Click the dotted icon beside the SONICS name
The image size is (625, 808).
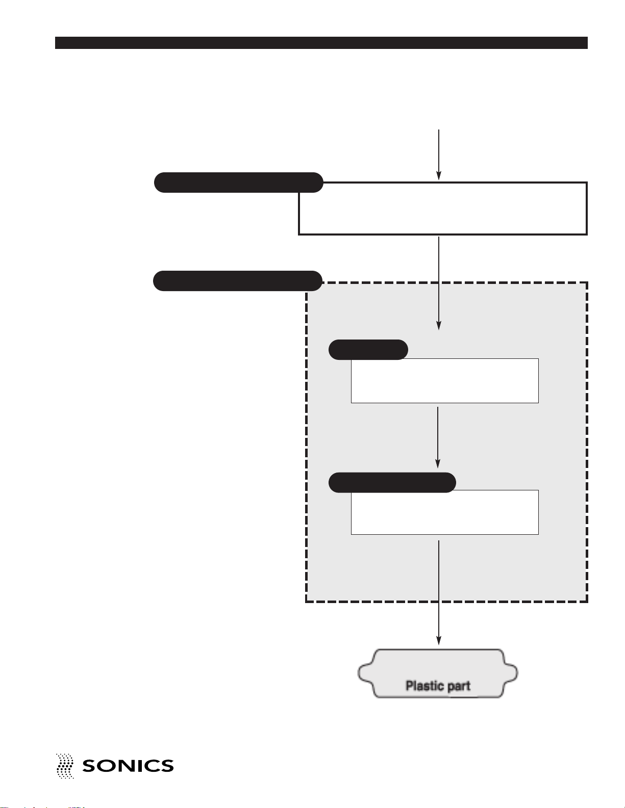pyautogui.click(x=65, y=766)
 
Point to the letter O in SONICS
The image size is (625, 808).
pyautogui.click(x=107, y=766)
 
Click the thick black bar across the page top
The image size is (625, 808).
pyautogui.click(x=321, y=43)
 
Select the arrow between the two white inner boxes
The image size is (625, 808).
pyautogui.click(x=438, y=437)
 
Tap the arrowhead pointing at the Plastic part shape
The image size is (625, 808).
pyautogui.click(x=439, y=641)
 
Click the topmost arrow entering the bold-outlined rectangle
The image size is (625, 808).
pyautogui.click(x=439, y=154)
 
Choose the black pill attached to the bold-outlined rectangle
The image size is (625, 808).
pyautogui.click(x=238, y=182)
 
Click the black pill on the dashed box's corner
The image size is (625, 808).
pyautogui.click(x=238, y=281)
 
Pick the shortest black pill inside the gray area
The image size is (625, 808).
pyautogui.click(x=368, y=350)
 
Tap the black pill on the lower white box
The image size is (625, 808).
pyautogui.click(x=392, y=483)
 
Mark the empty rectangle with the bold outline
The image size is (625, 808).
pyautogui.click(x=443, y=208)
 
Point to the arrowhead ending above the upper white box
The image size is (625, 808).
pyautogui.click(x=439, y=325)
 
